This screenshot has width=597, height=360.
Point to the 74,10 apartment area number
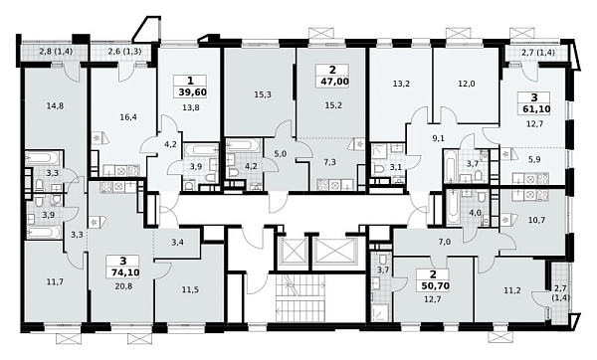pos(123,272)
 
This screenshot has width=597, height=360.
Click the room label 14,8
pos(56,105)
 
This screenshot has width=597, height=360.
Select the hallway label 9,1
pos(439,138)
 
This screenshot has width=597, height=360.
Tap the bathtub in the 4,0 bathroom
pos(453,208)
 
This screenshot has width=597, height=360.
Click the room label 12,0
pos(467,85)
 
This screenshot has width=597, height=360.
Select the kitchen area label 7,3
pos(330,162)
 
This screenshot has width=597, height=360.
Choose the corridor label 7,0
pos(445,242)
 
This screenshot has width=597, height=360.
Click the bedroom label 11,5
pos(190,290)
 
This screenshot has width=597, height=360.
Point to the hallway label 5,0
pos(280,154)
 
